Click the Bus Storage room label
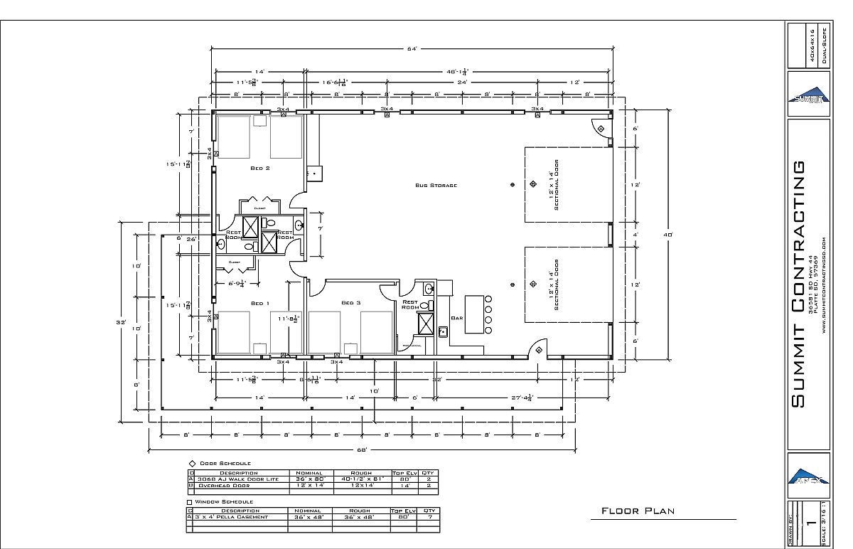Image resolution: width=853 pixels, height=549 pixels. (436, 185)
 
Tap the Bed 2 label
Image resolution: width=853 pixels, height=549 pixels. (259, 169)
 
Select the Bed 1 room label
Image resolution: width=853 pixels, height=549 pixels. (259, 303)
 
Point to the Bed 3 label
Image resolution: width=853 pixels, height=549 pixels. (351, 303)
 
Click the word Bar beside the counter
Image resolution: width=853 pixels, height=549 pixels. (457, 318)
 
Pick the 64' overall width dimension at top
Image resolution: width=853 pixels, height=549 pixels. (411, 48)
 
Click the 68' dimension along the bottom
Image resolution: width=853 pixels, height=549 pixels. (362, 449)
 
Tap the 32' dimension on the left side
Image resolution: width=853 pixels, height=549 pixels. (122, 322)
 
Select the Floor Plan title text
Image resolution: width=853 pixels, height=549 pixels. (638, 511)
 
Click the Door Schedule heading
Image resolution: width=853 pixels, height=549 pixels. (225, 463)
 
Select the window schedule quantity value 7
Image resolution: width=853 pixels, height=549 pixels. (429, 517)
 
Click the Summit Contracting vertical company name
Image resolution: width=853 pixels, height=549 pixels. (799, 284)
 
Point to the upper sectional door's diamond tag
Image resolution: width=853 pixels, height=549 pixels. (533, 185)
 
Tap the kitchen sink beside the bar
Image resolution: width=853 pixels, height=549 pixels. (442, 331)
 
